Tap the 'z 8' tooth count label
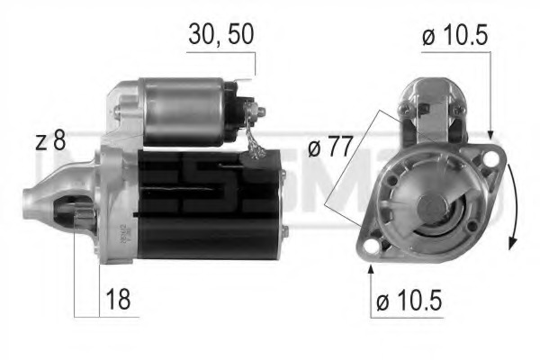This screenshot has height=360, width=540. click(50, 141)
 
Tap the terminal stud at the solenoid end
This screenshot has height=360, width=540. click(261, 112)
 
